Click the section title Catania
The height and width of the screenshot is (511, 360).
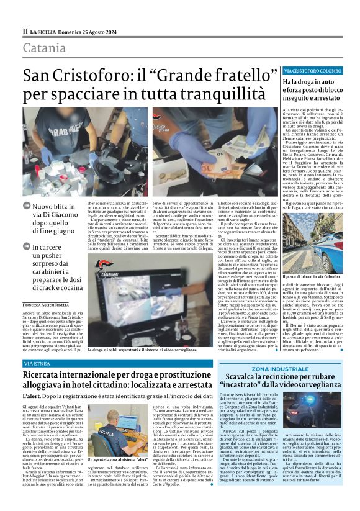point(44,48)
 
